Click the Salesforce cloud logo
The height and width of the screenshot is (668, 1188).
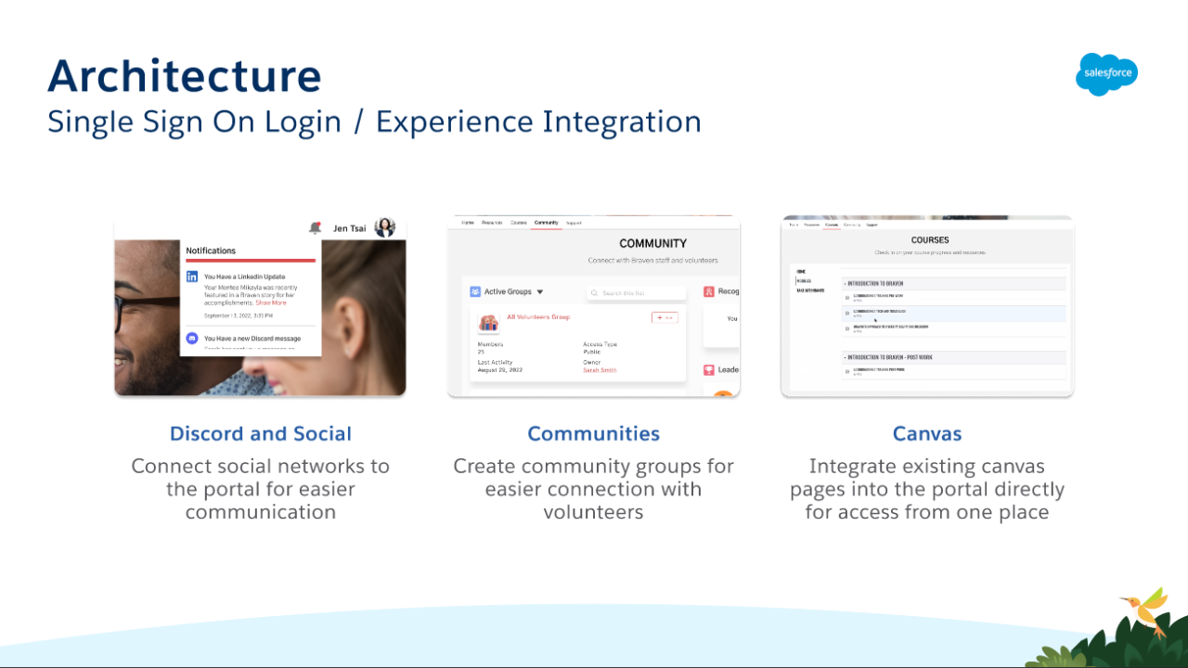[x=1106, y=74]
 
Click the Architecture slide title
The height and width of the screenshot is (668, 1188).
[x=184, y=75]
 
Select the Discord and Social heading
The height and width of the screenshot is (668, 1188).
[x=260, y=433]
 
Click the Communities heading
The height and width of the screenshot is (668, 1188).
[x=593, y=433]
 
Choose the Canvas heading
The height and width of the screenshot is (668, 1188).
[x=926, y=433]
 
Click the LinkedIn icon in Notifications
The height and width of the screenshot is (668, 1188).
[x=192, y=276]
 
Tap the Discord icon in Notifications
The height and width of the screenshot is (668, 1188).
[x=192, y=339]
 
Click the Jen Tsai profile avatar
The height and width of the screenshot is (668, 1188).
[x=384, y=227]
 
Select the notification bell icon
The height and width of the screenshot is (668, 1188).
[x=316, y=227]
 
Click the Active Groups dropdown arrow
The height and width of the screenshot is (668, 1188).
[x=540, y=292]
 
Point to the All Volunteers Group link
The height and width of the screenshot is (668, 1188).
[x=538, y=317]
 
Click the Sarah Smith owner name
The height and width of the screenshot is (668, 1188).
[x=600, y=370]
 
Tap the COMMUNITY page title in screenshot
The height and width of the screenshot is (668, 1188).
[x=652, y=243]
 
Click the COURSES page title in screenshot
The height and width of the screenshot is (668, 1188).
[x=929, y=240]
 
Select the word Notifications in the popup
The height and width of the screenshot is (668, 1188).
[x=211, y=250]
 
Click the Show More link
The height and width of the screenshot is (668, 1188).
[x=271, y=302]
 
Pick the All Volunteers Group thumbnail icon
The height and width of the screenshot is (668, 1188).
[x=488, y=323]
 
